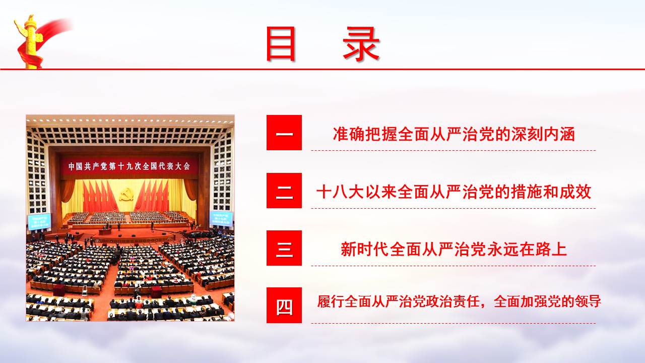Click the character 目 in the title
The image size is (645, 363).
281,44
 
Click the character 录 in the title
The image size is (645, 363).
361,44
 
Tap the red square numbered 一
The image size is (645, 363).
284,133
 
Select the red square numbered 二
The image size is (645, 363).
284,191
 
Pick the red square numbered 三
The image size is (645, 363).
284,248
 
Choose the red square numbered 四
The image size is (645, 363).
284,305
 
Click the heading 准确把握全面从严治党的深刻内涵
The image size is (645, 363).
454,134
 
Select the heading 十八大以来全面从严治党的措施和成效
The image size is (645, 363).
454,192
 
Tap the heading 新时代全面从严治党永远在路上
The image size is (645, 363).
454,250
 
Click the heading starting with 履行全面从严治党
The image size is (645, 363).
459,301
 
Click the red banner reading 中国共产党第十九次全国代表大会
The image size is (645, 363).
130,166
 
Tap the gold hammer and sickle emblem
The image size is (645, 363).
126,195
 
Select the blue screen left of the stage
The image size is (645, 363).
39,221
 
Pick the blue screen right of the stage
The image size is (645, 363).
221,218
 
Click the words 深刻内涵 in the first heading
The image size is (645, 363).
543,134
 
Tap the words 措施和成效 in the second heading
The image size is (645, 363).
551,192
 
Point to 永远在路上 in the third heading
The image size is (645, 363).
527,250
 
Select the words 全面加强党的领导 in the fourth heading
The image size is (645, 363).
547,301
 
